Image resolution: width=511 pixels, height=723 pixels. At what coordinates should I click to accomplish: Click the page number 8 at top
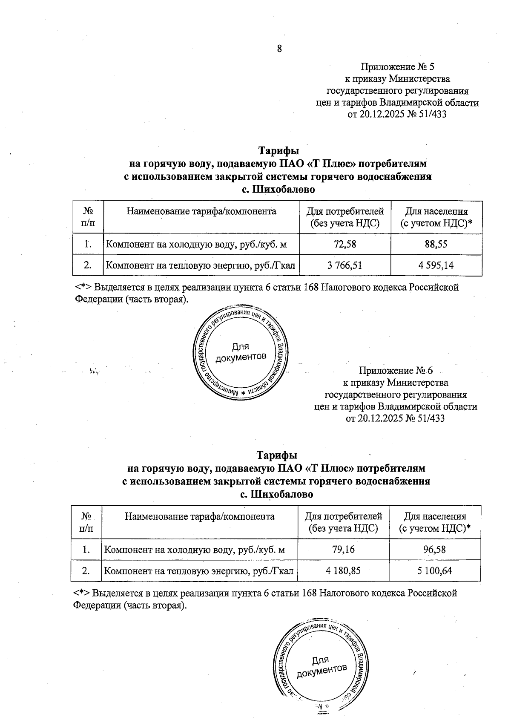[279, 49]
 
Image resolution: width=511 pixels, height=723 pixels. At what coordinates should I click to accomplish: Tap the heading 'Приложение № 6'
[396, 370]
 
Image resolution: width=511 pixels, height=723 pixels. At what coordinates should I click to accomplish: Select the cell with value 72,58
[345, 244]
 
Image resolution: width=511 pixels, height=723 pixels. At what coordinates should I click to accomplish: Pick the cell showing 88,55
[436, 244]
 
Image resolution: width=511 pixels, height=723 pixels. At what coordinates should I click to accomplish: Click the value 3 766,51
[345, 265]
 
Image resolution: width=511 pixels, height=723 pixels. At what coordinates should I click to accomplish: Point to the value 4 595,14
[436, 265]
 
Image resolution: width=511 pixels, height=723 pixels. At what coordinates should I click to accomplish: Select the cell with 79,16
[343, 549]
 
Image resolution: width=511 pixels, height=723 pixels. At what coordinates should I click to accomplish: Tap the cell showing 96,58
[434, 549]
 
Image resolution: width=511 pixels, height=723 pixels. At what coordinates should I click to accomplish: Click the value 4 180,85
[343, 570]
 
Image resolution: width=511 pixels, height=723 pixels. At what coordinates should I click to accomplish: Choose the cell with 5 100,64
[434, 570]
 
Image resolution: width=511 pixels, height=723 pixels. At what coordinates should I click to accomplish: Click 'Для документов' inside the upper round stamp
[241, 352]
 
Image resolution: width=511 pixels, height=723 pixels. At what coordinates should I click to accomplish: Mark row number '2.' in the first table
[88, 265]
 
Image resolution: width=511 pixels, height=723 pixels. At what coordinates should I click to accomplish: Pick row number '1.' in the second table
[86, 549]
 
